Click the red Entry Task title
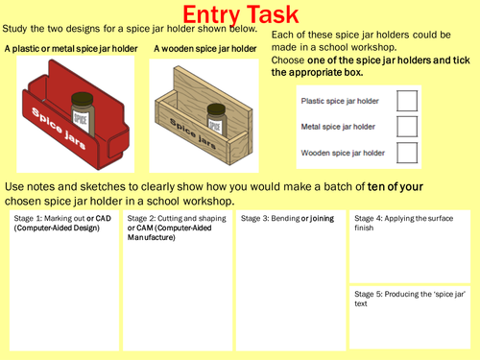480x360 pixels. [239, 15]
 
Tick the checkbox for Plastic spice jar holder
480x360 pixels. [407, 101]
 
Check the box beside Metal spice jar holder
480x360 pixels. [407, 126]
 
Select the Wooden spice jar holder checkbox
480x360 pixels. [407, 151]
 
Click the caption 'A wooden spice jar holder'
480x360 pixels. [205, 49]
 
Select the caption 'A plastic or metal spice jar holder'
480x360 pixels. [71, 49]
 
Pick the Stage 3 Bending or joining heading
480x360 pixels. [287, 219]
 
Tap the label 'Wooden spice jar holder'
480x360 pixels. [343, 151]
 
